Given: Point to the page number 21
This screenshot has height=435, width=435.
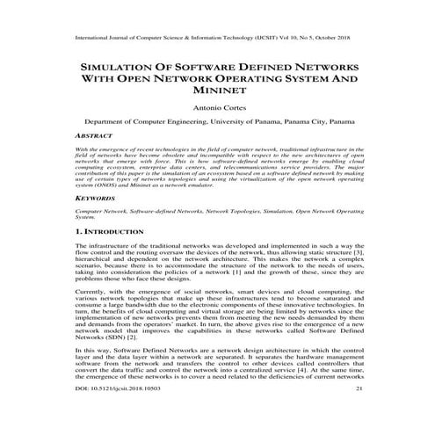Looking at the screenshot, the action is click(x=358, y=411).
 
